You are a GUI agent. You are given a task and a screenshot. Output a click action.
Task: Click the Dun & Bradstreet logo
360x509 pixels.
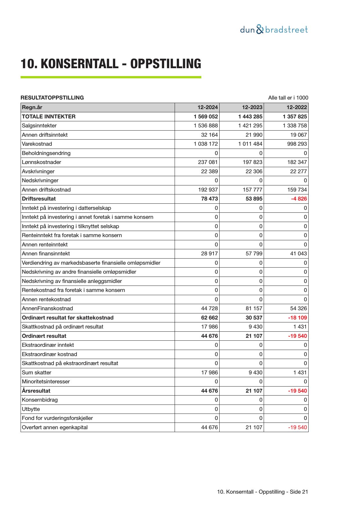(274, 30)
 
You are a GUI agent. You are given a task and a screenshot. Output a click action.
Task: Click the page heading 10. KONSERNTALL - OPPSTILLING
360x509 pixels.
(111, 64)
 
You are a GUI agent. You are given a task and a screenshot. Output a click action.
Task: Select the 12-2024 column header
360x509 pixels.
(208, 107)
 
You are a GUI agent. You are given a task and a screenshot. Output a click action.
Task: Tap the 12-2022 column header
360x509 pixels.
(297, 107)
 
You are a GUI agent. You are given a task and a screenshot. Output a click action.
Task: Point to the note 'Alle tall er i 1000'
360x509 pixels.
(288, 98)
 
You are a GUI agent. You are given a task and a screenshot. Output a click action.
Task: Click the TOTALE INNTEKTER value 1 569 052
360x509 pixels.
(206, 117)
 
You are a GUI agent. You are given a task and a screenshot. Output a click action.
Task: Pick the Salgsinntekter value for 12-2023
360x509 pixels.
(250, 126)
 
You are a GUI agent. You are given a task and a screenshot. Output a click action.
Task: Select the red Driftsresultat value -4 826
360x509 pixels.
(299, 199)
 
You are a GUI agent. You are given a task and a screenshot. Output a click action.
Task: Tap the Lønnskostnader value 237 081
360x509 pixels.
(208, 162)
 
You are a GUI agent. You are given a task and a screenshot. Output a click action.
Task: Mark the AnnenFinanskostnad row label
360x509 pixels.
(47, 308)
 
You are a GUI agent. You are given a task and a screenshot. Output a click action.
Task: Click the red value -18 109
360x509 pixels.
(297, 318)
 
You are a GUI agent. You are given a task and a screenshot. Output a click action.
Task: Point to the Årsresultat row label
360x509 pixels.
(36, 391)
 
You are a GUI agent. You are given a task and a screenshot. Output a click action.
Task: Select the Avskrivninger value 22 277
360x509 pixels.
(299, 172)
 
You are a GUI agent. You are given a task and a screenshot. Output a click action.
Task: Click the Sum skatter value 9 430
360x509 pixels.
(255, 373)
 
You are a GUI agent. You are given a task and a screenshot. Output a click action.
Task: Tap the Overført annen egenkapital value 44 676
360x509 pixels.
(209, 427)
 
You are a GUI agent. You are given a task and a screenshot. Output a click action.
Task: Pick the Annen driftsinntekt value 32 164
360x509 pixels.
(209, 135)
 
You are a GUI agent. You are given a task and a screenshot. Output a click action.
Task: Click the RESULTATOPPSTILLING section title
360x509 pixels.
(52, 98)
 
